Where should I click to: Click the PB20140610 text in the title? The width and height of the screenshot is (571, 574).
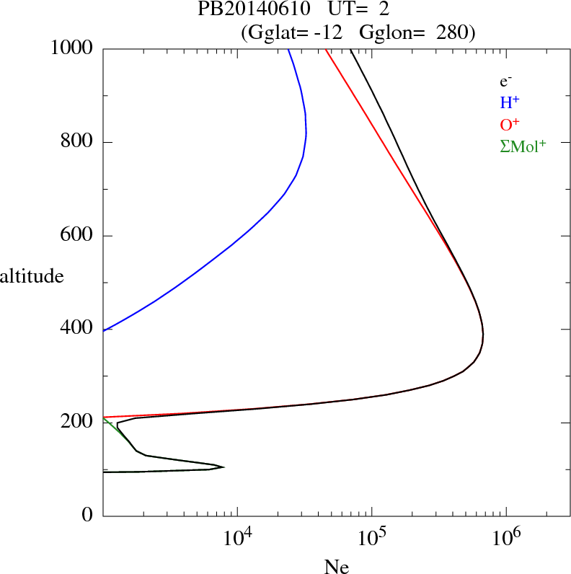click(244, 10)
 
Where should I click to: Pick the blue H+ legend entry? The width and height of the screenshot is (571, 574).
click(510, 102)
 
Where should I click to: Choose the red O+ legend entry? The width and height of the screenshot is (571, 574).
click(510, 124)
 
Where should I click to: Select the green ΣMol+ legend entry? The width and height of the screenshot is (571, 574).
click(523, 146)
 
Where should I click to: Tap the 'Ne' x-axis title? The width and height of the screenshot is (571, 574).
click(337, 566)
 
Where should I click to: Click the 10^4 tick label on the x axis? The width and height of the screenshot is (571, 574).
click(240, 537)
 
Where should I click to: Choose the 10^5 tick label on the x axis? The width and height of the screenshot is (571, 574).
click(374, 537)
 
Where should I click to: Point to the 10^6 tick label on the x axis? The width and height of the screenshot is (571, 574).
click(508, 537)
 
